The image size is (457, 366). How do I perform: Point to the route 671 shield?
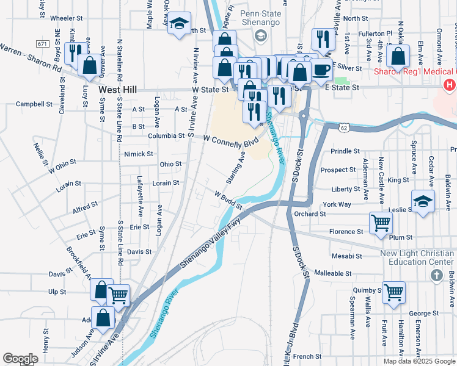[x=42, y=44]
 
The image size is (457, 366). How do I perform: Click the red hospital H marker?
[x=450, y=85]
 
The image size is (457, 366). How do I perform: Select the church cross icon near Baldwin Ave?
[x=436, y=276]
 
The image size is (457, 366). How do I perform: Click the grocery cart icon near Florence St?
[x=380, y=223]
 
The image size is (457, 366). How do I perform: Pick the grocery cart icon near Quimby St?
[x=393, y=292]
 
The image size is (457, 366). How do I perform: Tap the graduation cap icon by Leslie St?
[x=423, y=201]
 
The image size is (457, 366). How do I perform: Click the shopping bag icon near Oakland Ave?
[x=398, y=56]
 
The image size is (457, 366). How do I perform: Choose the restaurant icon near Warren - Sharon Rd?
[x=74, y=51]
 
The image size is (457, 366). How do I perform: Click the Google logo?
[x=20, y=359]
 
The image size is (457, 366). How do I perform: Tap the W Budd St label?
[x=228, y=199]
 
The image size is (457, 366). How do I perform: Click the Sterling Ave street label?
[x=236, y=163]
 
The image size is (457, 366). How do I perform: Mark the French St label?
[x=307, y=356]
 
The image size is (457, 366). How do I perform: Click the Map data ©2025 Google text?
[x=419, y=361]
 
